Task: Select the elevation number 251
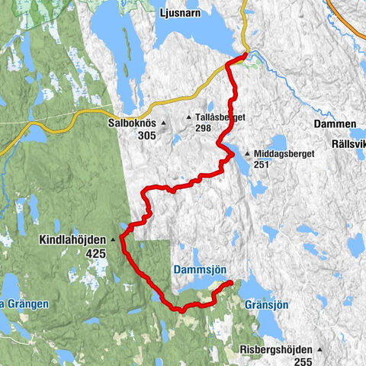click(262, 164)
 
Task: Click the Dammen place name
click(334, 124)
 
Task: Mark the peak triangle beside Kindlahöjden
click(114, 239)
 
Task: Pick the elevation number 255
click(303, 351)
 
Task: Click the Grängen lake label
click(27, 303)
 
